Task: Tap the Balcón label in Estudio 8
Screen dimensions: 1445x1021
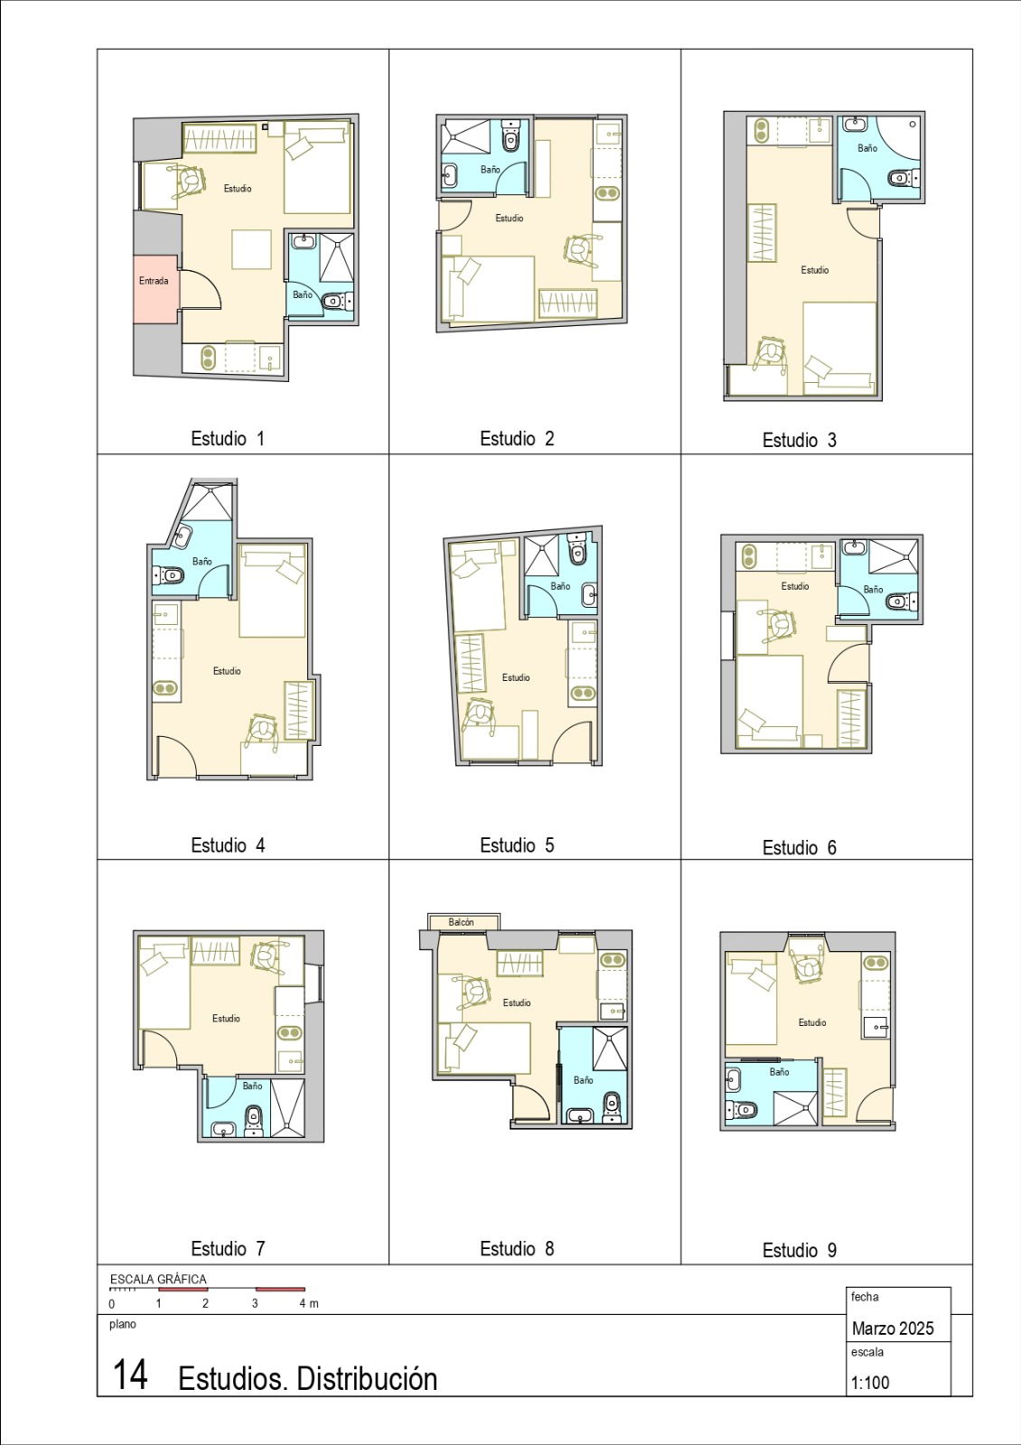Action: (461, 922)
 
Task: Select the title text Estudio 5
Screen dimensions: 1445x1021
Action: (517, 845)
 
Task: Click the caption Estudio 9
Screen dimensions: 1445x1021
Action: (799, 1250)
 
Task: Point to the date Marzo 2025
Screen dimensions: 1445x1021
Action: (892, 1328)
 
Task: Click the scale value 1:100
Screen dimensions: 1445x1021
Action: (869, 1383)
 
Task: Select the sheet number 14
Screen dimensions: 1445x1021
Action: (130, 1375)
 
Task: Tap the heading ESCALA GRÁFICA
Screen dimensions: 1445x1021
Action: (158, 1279)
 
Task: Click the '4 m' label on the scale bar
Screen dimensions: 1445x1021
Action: (309, 1303)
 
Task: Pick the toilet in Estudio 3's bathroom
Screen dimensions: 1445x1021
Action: (900, 179)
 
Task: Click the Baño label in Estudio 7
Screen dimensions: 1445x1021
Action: (252, 1086)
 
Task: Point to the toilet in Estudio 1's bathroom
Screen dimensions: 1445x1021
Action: (333, 301)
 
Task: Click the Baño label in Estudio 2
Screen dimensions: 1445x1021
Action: (490, 170)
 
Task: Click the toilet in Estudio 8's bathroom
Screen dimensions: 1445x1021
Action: (612, 1103)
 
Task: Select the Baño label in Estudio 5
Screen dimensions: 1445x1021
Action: (560, 586)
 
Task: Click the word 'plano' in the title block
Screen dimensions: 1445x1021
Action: (123, 1324)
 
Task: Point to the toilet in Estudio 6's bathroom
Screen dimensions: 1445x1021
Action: (897, 601)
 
